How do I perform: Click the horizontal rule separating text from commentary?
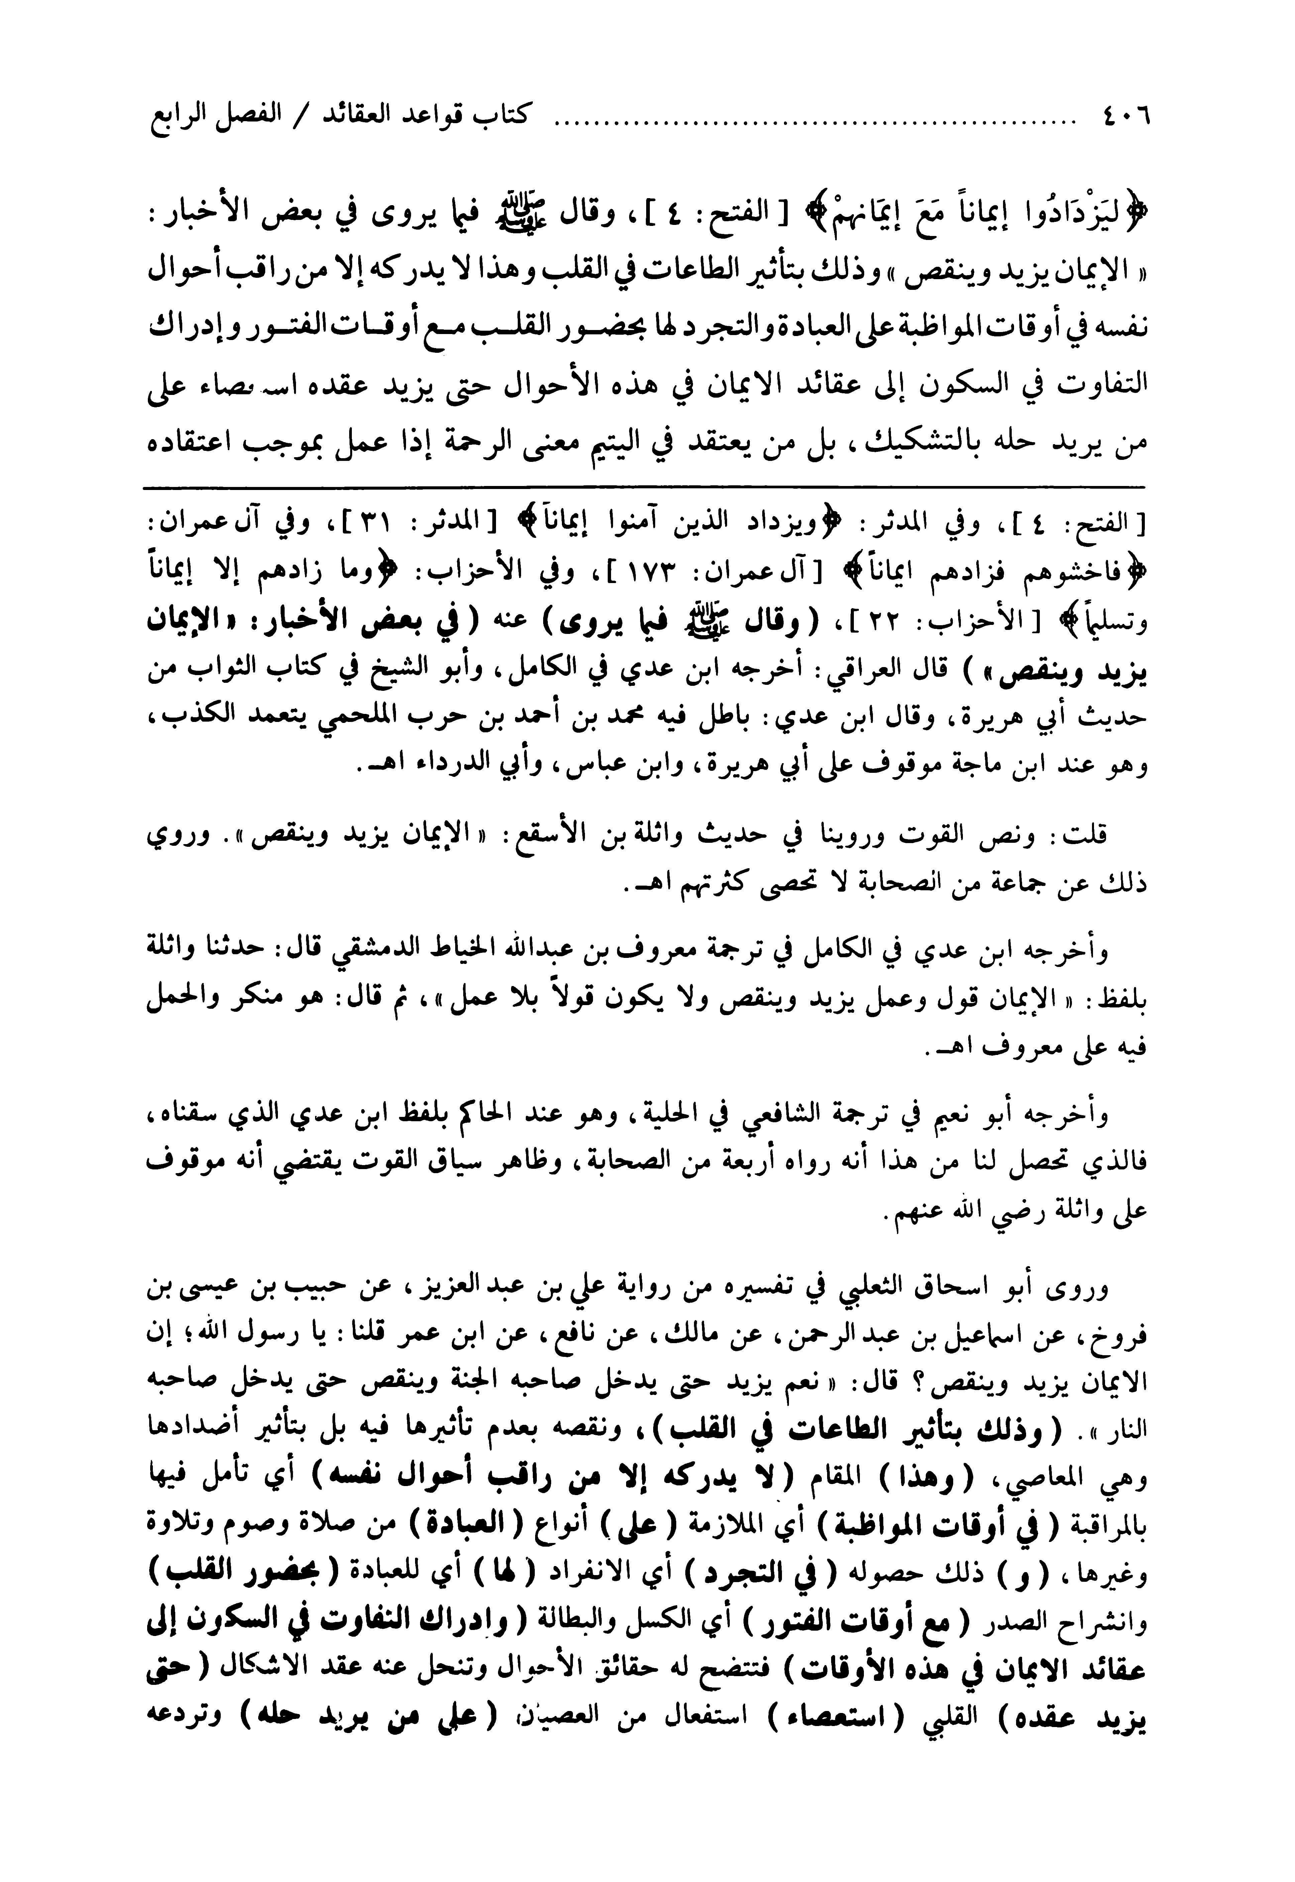point(645,487)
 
